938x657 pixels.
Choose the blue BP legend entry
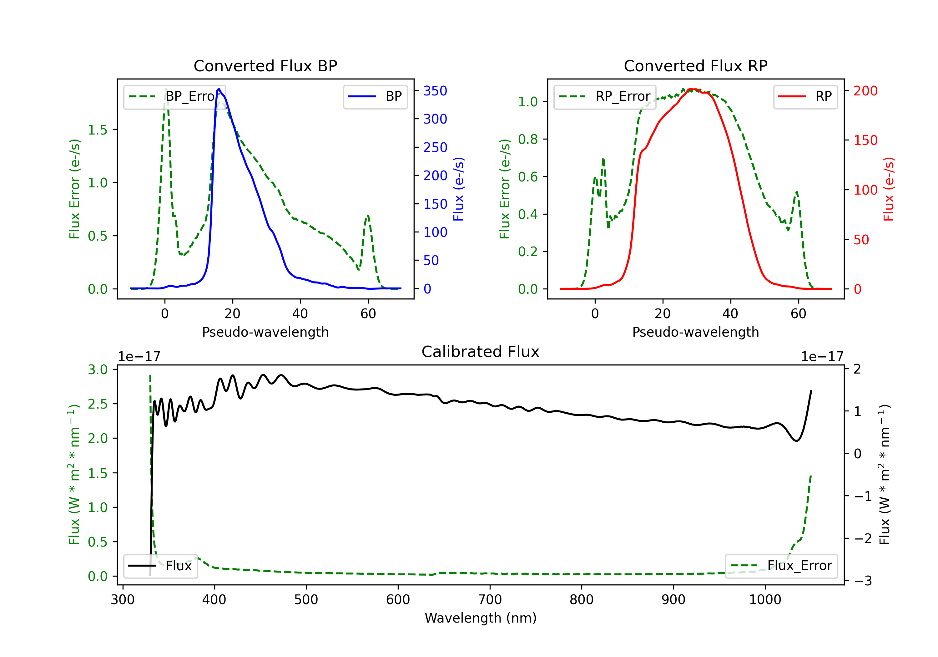[375, 96]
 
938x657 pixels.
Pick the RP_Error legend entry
[605, 96]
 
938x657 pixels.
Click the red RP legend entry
[805, 96]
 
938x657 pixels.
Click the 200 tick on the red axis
[865, 91]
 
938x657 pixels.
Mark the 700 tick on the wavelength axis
[489, 599]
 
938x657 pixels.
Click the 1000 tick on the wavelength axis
[765, 599]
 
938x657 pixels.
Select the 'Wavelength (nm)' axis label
[481, 618]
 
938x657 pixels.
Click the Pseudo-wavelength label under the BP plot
[265, 332]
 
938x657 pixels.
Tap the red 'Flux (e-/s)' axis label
[889, 189]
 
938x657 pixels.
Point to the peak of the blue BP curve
[219, 89]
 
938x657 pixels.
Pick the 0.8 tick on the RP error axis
[527, 140]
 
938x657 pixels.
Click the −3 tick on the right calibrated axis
[862, 581]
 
